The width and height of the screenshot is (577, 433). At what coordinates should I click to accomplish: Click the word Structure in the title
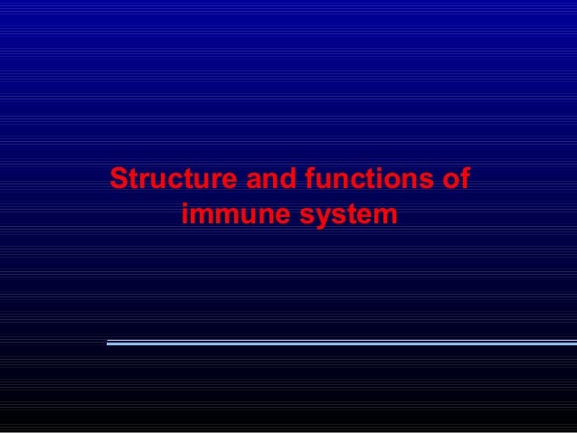tap(171, 177)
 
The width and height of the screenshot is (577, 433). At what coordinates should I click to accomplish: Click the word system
tap(348, 218)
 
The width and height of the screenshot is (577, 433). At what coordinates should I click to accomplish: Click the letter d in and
tap(285, 177)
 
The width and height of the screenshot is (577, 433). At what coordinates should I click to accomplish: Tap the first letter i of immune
tap(186, 217)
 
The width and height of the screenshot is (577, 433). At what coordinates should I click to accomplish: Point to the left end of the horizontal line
tap(109, 343)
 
